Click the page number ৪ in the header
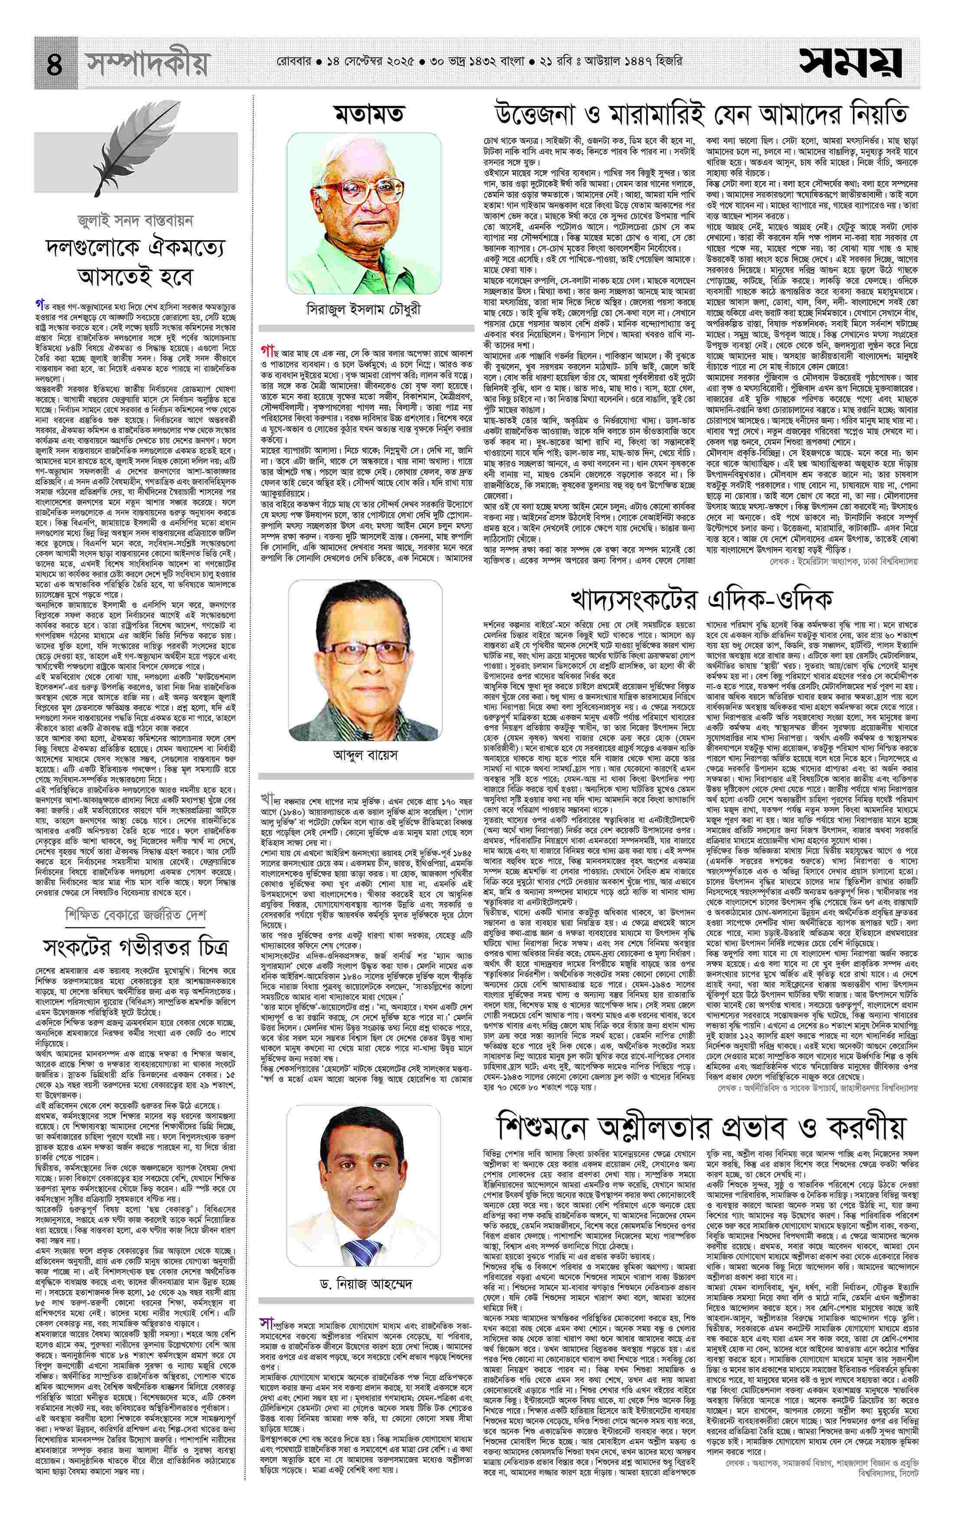point(55,64)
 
